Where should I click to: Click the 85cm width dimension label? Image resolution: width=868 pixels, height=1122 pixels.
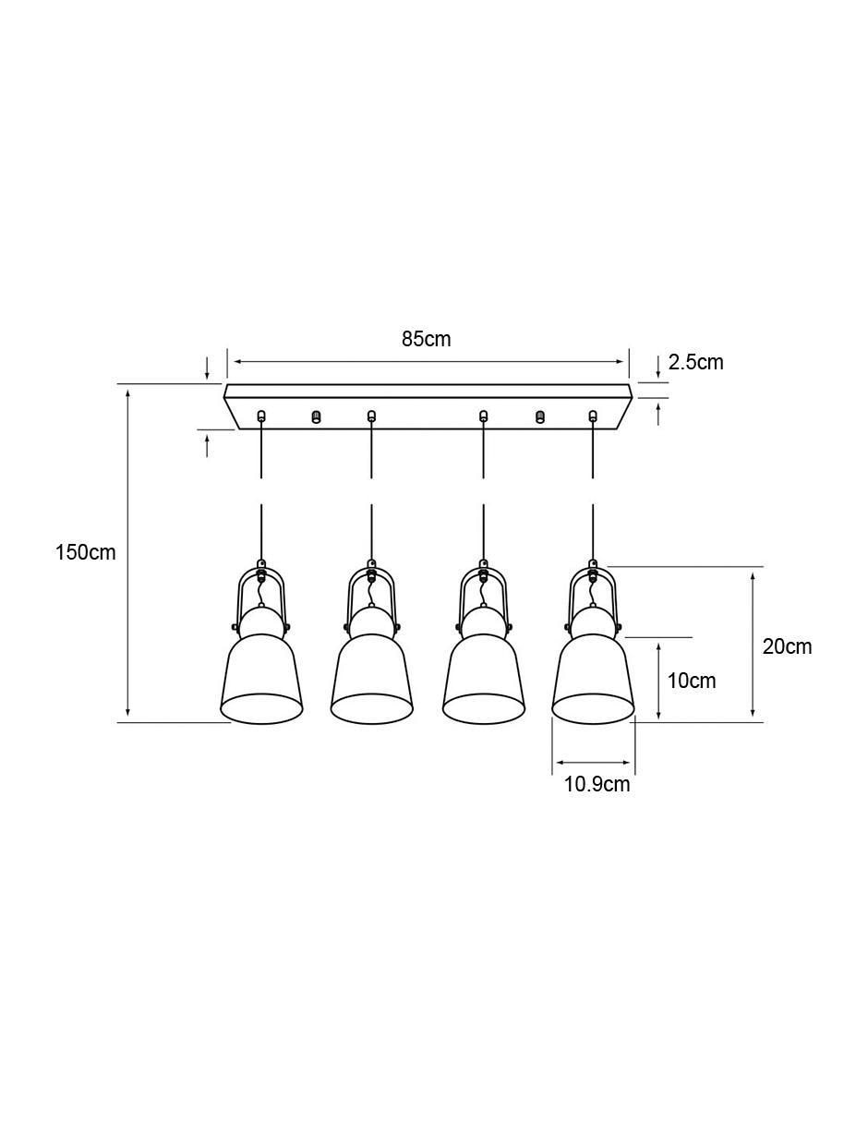[x=426, y=339]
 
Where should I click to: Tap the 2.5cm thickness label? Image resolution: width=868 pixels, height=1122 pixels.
[x=695, y=363]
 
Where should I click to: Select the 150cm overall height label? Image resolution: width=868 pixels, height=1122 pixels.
[x=86, y=552]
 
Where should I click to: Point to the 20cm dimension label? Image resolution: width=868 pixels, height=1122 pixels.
[x=787, y=646]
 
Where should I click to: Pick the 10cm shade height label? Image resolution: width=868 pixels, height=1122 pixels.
[x=692, y=681]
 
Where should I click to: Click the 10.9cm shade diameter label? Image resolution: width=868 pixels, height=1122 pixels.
[x=597, y=784]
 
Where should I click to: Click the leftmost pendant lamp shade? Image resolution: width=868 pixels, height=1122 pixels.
[x=261, y=679]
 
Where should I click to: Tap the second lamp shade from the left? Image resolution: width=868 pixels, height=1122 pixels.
[x=371, y=679]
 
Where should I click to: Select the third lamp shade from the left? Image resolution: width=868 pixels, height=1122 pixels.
[x=484, y=679]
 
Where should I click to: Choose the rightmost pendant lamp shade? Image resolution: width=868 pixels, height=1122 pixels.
[x=593, y=679]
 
